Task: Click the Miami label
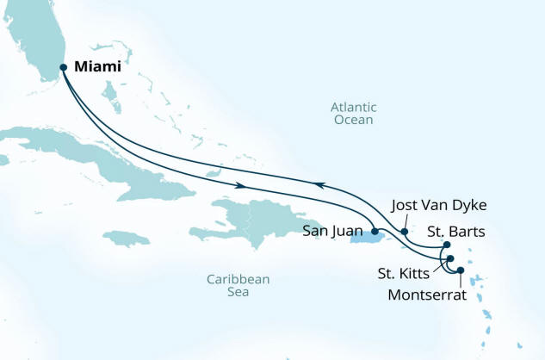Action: point(97,66)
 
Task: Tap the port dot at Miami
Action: point(63,67)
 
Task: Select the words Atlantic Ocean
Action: point(353,114)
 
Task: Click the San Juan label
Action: point(336,232)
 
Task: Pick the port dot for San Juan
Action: point(375,232)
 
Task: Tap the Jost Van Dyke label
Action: point(439,205)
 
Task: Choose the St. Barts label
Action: point(455,231)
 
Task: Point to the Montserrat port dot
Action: point(460,270)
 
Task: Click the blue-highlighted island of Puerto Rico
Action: point(362,235)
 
